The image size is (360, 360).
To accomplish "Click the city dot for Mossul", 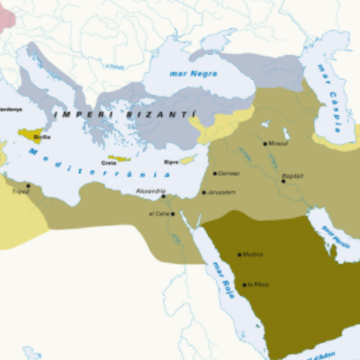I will [x=265, y=143].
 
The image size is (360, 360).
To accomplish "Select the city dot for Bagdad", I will [x=283, y=180].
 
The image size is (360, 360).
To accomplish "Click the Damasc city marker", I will [x=214, y=173].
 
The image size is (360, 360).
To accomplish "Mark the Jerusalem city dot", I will [x=204, y=193].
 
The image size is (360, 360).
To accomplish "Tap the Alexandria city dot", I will [x=163, y=196].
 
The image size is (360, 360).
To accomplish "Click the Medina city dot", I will [x=238, y=255].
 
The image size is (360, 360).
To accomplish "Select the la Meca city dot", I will [x=244, y=284].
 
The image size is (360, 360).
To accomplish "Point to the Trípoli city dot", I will [x=28, y=186].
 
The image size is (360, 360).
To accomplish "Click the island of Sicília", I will [x=32, y=136].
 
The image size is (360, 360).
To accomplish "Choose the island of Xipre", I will [x=187, y=159].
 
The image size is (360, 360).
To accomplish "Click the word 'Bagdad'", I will [x=293, y=175].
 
